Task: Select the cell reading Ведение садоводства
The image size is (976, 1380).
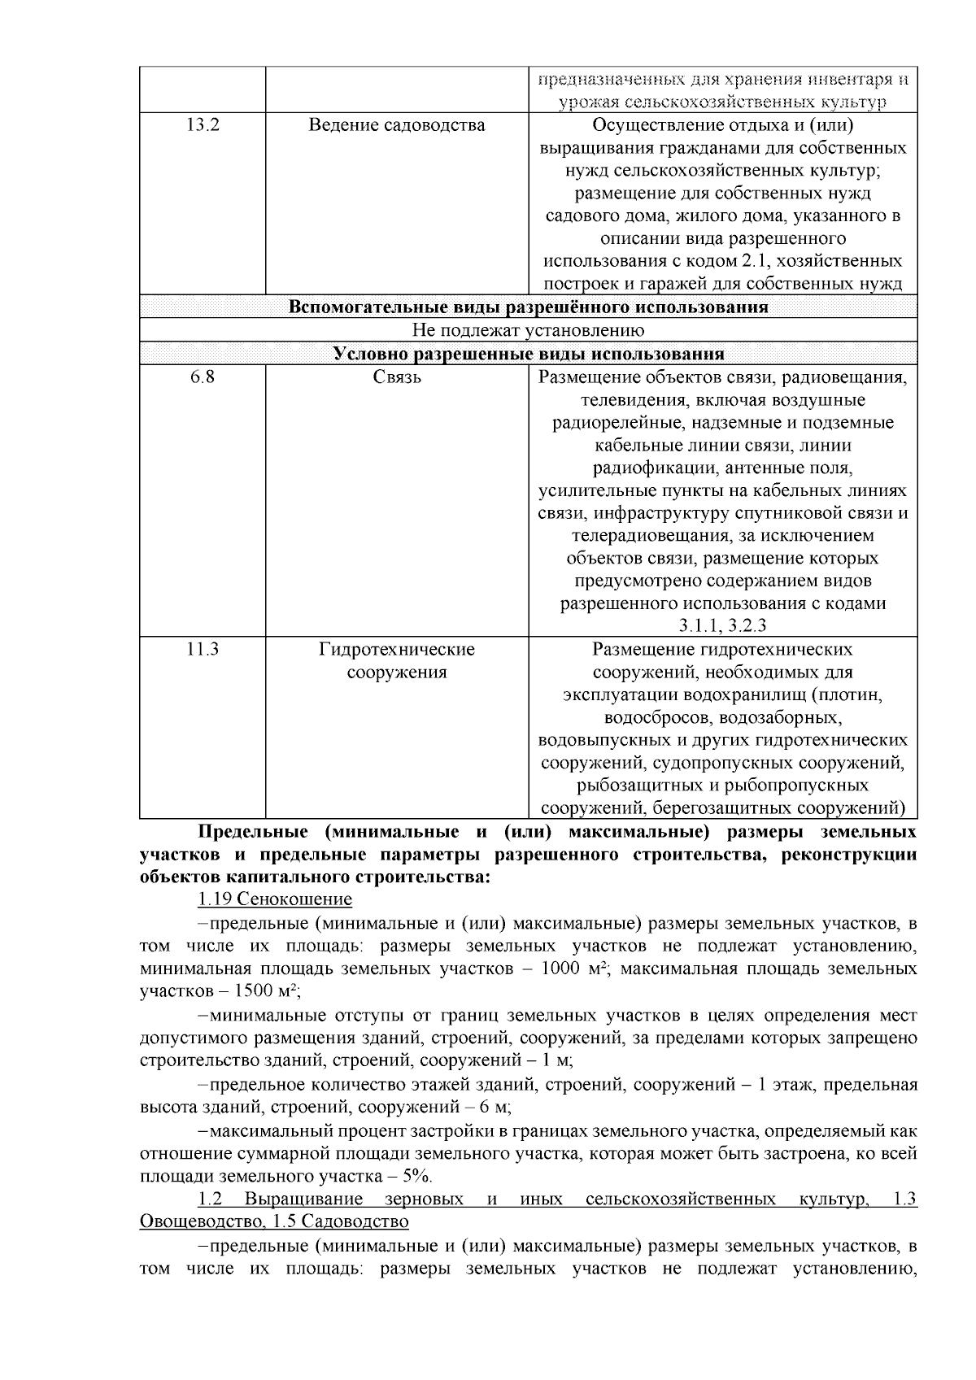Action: point(397,124)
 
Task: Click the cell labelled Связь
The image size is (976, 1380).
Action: point(397,377)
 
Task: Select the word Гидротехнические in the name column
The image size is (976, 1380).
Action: point(397,650)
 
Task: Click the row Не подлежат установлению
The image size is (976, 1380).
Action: point(528,330)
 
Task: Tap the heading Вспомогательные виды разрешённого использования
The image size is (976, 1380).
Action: point(528,307)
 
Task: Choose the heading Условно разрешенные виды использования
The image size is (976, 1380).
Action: point(528,354)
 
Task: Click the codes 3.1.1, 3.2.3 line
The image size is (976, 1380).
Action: point(722,626)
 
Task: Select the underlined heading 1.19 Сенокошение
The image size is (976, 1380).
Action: point(275,899)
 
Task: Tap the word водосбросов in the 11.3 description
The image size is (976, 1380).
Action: point(657,718)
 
